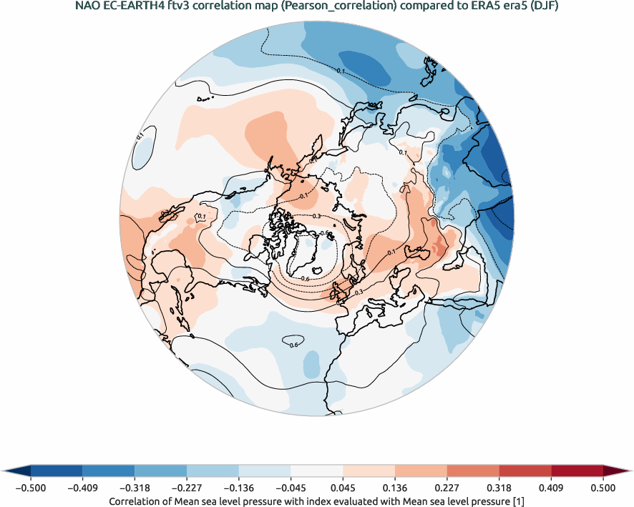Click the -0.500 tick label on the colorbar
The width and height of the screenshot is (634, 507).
tap(31, 488)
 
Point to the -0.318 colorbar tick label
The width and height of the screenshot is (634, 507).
tap(135, 488)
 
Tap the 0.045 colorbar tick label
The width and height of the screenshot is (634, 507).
tap(343, 488)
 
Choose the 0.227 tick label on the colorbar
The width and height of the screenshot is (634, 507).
tap(447, 488)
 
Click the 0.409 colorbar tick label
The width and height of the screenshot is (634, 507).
tap(551, 488)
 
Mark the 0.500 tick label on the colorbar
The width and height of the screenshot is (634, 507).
tap(603, 488)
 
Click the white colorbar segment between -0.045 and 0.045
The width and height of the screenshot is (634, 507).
tap(317, 471)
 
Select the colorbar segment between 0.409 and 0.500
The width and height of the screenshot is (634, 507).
tap(577, 471)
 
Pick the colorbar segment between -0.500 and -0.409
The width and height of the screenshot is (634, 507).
tap(57, 471)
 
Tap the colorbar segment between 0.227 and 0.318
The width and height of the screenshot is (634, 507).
tap(473, 471)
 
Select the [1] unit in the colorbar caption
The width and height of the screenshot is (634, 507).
tap(517, 501)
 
